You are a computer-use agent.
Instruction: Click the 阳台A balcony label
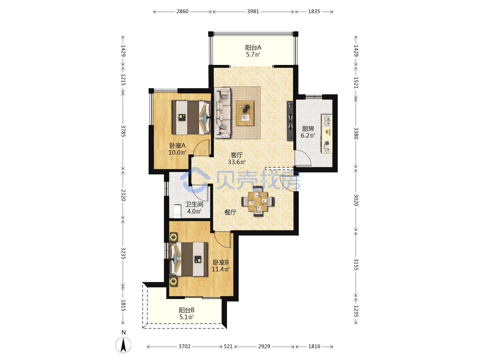253,47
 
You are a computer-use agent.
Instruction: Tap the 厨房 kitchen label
308,129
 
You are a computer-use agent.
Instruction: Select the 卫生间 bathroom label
194,204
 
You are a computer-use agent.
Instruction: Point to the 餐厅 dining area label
230,212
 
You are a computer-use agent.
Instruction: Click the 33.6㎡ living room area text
237,162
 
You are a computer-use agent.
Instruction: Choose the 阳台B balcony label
186,310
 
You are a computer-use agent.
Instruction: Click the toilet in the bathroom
177,211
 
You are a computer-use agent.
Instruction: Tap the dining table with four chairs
258,201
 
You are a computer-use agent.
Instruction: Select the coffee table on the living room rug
245,113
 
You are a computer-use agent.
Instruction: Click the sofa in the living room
222,113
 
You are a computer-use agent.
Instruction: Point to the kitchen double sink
327,120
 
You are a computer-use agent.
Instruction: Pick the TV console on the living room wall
290,121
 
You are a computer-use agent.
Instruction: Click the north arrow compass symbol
123,345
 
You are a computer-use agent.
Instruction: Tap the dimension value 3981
253,11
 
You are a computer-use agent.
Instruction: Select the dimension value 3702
184,346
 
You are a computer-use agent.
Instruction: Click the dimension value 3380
356,133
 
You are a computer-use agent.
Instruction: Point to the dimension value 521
228,346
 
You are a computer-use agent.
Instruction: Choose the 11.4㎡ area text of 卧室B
220,269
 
